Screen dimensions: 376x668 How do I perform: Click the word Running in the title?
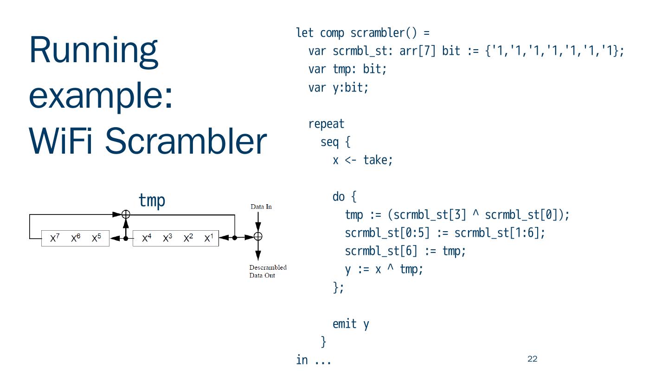(93, 51)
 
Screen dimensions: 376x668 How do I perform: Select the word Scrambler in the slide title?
(186, 141)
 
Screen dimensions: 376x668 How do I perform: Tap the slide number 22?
(532, 359)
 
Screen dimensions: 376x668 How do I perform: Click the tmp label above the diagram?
(152, 201)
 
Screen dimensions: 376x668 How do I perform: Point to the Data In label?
(261, 207)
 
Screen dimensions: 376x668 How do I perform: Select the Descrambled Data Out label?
(268, 271)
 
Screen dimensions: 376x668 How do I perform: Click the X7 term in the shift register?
(55, 238)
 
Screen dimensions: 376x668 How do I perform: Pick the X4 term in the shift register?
(147, 238)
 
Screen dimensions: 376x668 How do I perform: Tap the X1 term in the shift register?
(209, 238)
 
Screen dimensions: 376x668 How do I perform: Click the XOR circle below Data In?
(258, 237)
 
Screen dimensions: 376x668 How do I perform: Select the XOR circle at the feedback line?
(126, 214)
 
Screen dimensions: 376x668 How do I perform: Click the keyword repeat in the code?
(326, 124)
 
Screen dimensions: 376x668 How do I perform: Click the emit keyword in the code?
(344, 324)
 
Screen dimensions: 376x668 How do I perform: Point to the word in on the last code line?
(302, 360)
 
